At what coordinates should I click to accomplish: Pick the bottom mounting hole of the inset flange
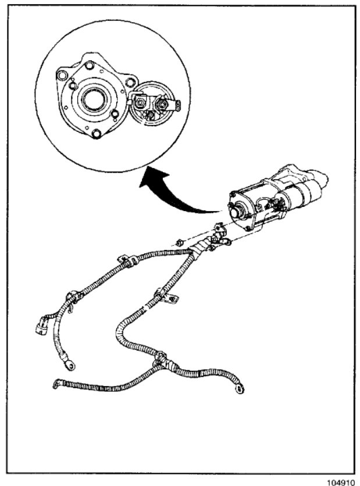click(x=97, y=135)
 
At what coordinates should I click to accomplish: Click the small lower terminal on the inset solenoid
click(x=150, y=115)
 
